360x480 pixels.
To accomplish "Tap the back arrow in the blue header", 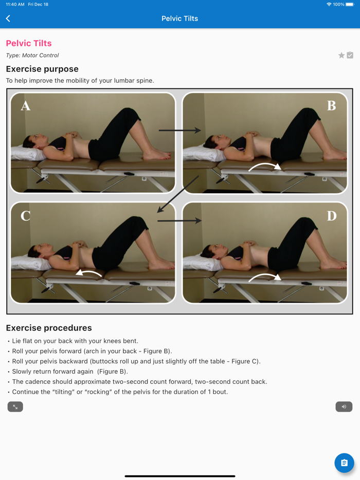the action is [8, 19].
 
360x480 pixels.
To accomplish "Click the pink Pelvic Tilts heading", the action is [29, 43].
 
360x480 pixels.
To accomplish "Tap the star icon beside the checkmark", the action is [341, 55].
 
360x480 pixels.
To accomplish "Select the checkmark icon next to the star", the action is [350, 55].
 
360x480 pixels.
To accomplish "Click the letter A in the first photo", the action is [25, 106].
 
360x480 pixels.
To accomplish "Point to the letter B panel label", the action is [332, 106].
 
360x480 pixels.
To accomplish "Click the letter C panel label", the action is [25, 216].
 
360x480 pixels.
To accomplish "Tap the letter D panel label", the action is [332, 216].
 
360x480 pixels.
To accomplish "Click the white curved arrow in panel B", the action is [265, 164].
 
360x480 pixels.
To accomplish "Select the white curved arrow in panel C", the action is [89, 271].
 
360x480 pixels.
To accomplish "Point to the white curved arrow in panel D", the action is [265, 275].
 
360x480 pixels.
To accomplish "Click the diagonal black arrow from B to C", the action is [178, 194].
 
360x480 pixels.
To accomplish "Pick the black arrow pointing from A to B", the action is [180, 131].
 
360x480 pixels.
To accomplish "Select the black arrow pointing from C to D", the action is [179, 220].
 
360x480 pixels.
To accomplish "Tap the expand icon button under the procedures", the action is [15, 407].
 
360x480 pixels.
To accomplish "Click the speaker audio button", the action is [344, 407].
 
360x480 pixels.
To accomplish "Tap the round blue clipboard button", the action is [344, 463].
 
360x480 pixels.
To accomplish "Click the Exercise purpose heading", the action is [42, 69].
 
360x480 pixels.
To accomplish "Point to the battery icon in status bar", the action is [350, 4].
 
